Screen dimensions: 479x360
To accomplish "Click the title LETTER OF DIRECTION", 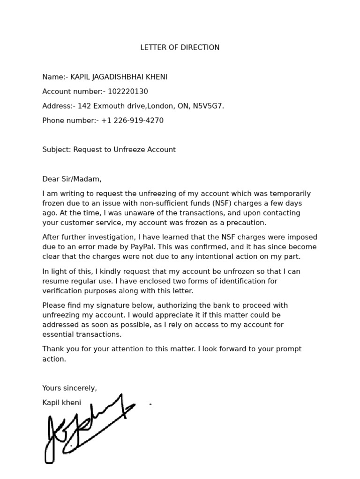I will coord(180,47).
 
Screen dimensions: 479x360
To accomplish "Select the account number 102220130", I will coord(127,91).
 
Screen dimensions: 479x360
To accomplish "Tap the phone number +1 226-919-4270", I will coord(132,120).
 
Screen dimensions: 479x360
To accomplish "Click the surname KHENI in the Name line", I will coord(156,77).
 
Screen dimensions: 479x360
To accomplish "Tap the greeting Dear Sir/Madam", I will coord(72,179).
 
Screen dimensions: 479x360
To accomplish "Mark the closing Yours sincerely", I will coord(69,388).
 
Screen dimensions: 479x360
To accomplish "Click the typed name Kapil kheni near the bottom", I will coord(61,402).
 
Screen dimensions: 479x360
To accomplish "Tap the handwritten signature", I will coord(84,428).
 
